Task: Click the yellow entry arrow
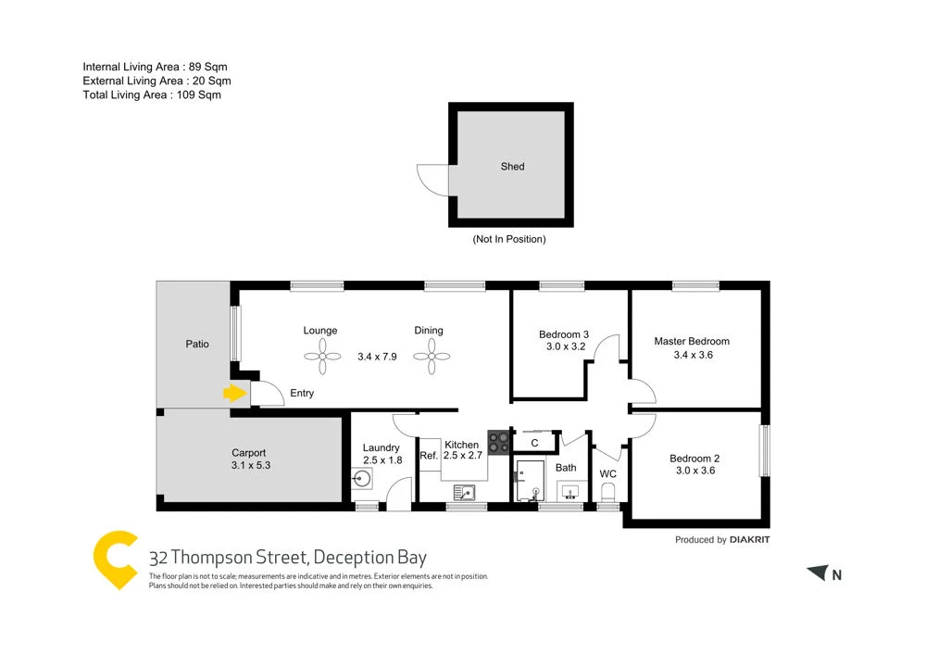(234, 394)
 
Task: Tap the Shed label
(512, 167)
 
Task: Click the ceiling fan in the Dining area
(431, 355)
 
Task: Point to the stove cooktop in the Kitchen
(498, 443)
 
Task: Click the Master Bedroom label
(691, 341)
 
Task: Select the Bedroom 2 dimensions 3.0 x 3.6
(694, 471)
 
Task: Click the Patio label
(196, 344)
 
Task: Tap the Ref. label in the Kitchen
(429, 456)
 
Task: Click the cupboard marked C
(534, 443)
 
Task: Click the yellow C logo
(117, 560)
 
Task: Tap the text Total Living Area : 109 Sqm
(152, 94)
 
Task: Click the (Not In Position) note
(509, 239)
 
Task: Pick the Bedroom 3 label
(564, 334)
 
